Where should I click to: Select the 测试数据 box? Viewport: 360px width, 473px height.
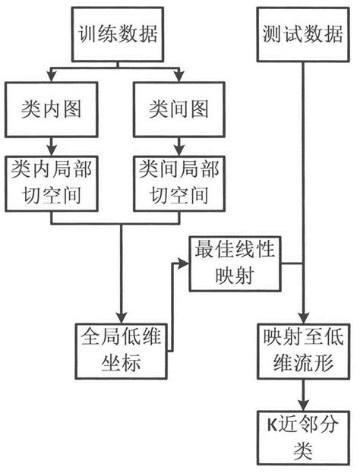click(305, 34)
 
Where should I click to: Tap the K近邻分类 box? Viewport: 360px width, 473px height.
click(305, 436)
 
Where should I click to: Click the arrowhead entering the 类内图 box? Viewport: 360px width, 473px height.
click(50, 77)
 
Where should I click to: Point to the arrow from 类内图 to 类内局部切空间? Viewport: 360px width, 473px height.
click(50, 144)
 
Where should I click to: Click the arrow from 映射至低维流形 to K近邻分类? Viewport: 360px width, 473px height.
click(305, 393)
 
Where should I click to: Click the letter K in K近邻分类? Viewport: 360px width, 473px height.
click(270, 424)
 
